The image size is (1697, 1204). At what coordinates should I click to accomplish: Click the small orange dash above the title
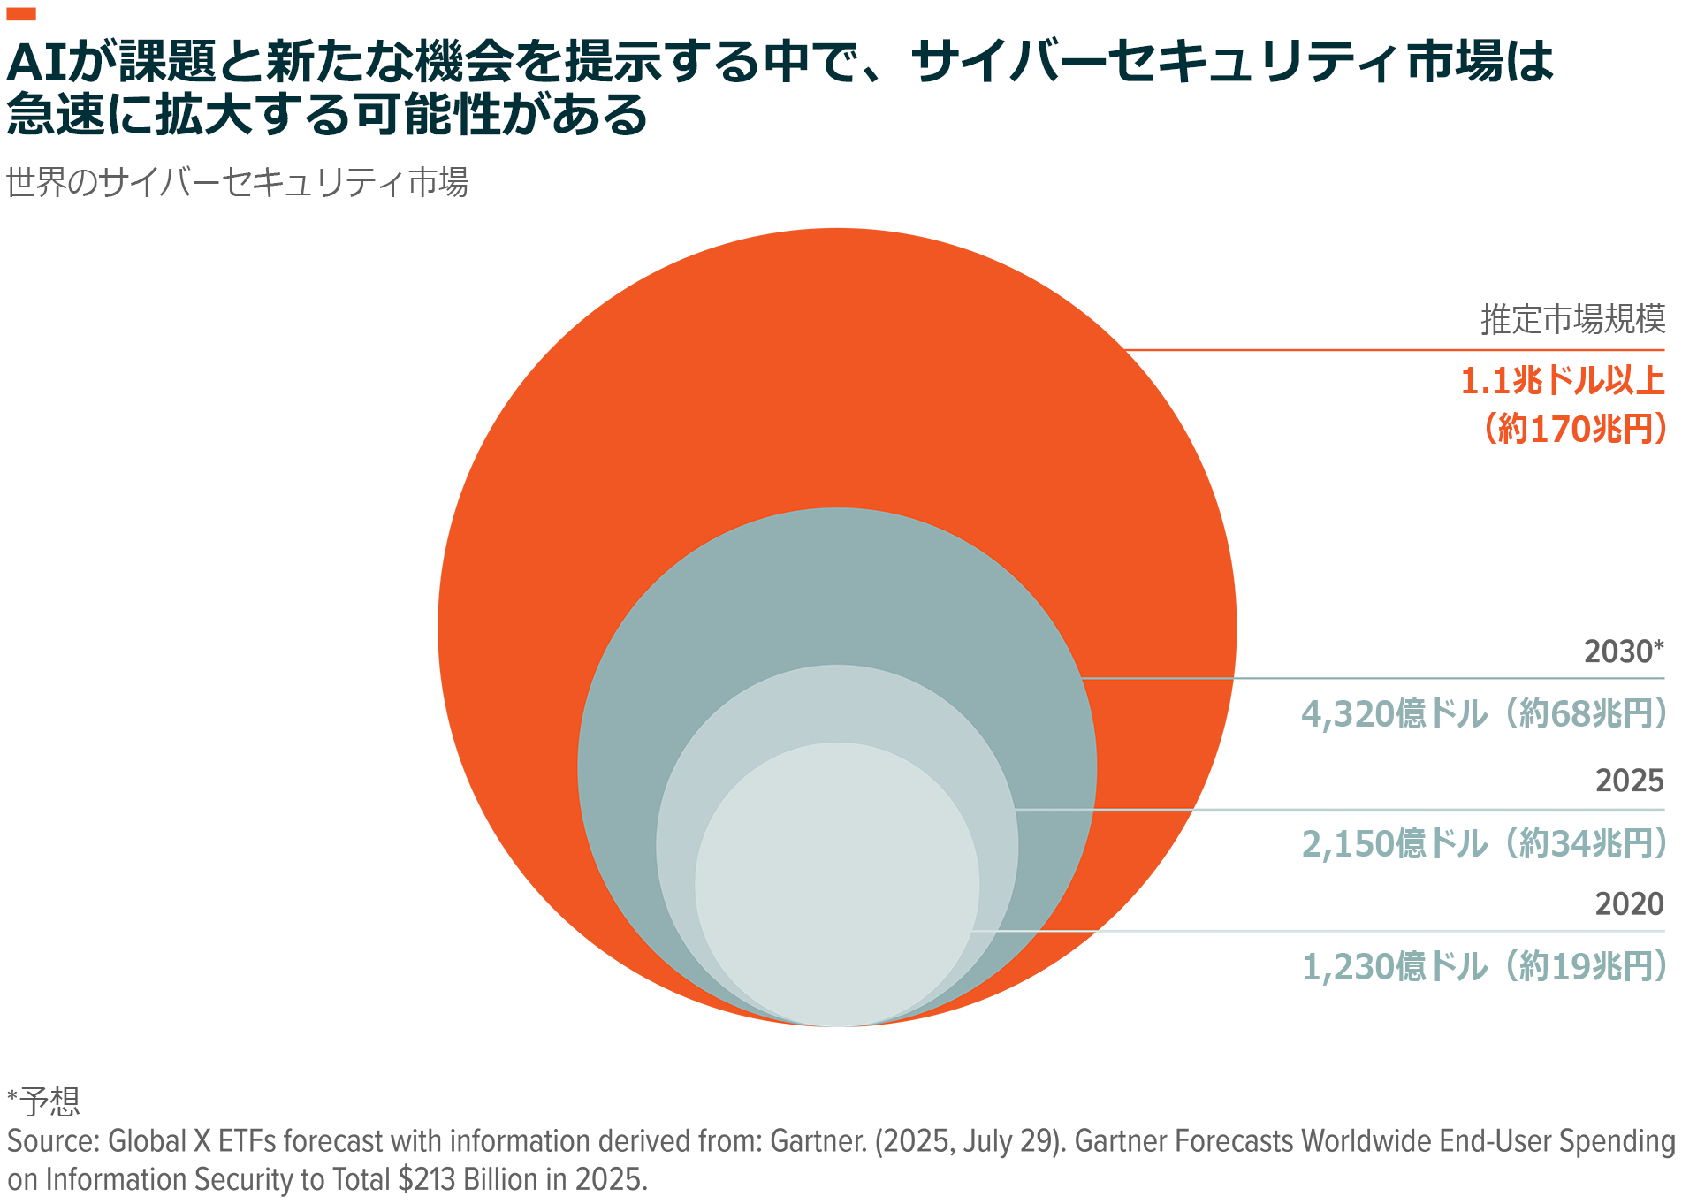20,13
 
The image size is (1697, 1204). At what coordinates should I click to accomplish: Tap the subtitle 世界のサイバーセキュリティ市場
237,183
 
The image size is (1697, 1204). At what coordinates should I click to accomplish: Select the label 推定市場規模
1572,319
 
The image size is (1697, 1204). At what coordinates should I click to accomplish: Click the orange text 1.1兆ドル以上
1562,381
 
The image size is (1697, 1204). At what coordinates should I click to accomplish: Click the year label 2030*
1624,652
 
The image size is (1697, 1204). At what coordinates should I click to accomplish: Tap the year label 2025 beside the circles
1629,781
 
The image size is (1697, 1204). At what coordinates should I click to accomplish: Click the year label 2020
1629,904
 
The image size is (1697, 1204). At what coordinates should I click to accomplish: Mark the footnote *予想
44,1101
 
